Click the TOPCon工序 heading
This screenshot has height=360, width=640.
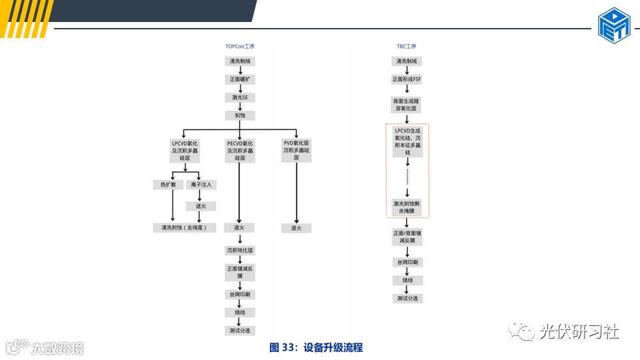tap(240, 47)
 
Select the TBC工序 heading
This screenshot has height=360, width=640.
tap(406, 47)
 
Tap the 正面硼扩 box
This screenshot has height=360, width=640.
tap(240, 79)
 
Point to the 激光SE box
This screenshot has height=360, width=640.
tap(240, 97)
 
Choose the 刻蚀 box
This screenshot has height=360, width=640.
tap(240, 115)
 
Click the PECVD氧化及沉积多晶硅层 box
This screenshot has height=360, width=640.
tap(240, 151)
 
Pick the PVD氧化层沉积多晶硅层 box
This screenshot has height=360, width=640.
tap(296, 151)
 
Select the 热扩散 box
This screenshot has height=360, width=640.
tap(164, 185)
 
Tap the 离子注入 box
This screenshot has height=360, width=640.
tap(201, 185)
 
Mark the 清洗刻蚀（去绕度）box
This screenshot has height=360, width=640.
tap(185, 228)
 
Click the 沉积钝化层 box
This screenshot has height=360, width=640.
tap(240, 251)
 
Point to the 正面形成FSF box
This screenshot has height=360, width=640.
tap(406, 79)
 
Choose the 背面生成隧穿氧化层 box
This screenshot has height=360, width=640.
tap(406, 104)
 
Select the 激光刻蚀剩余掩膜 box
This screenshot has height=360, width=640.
tap(407, 207)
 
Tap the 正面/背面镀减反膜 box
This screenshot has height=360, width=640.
tap(407, 237)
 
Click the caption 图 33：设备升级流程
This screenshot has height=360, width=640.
tap(316, 347)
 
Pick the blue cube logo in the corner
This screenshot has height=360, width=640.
tap(614, 25)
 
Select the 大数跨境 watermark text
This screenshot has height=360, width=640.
tap(57, 347)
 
